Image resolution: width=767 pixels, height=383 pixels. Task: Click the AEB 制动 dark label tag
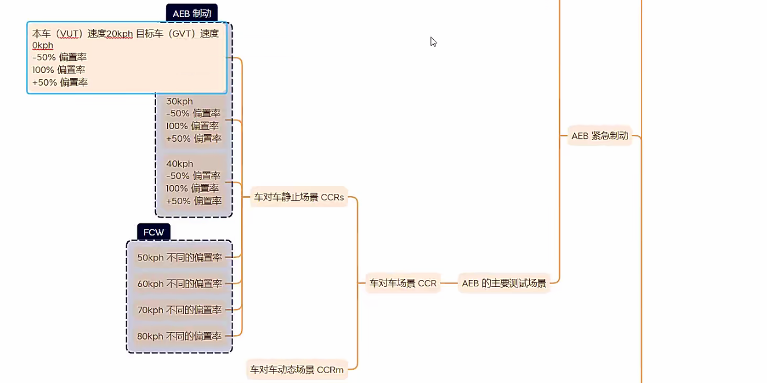pyautogui.click(x=191, y=13)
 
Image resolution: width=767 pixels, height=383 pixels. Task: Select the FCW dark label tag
pyautogui.click(x=153, y=232)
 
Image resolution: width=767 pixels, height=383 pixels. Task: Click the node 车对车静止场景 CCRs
pyautogui.click(x=299, y=197)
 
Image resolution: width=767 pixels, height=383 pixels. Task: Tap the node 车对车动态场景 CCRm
pyautogui.click(x=297, y=369)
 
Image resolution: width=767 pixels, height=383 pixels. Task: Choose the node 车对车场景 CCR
pyautogui.click(x=403, y=283)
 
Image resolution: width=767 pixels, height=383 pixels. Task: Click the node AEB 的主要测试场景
pyautogui.click(x=504, y=283)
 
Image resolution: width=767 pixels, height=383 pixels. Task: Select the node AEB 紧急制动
pyautogui.click(x=599, y=136)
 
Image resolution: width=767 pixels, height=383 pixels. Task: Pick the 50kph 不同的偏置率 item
pyautogui.click(x=179, y=257)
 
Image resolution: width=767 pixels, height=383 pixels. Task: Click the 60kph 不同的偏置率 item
pyautogui.click(x=179, y=283)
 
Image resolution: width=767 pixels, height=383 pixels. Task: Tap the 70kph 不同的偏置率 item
pyautogui.click(x=179, y=310)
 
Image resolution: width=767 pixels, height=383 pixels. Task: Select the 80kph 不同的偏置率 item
pyautogui.click(x=179, y=336)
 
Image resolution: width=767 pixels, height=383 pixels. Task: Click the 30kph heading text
pyautogui.click(x=179, y=101)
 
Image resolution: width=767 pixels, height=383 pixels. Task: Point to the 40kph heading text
pyautogui.click(x=179, y=164)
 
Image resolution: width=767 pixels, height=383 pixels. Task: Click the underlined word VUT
pyautogui.click(x=69, y=34)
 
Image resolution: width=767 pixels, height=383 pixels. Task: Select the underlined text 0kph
pyautogui.click(x=43, y=45)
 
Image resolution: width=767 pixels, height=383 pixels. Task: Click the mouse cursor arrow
pyautogui.click(x=432, y=40)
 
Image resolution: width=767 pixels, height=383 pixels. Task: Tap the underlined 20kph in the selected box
pyautogui.click(x=119, y=34)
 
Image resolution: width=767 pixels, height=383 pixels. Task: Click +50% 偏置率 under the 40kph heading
pyautogui.click(x=194, y=201)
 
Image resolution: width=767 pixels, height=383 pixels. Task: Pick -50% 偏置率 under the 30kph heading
pyautogui.click(x=193, y=113)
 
